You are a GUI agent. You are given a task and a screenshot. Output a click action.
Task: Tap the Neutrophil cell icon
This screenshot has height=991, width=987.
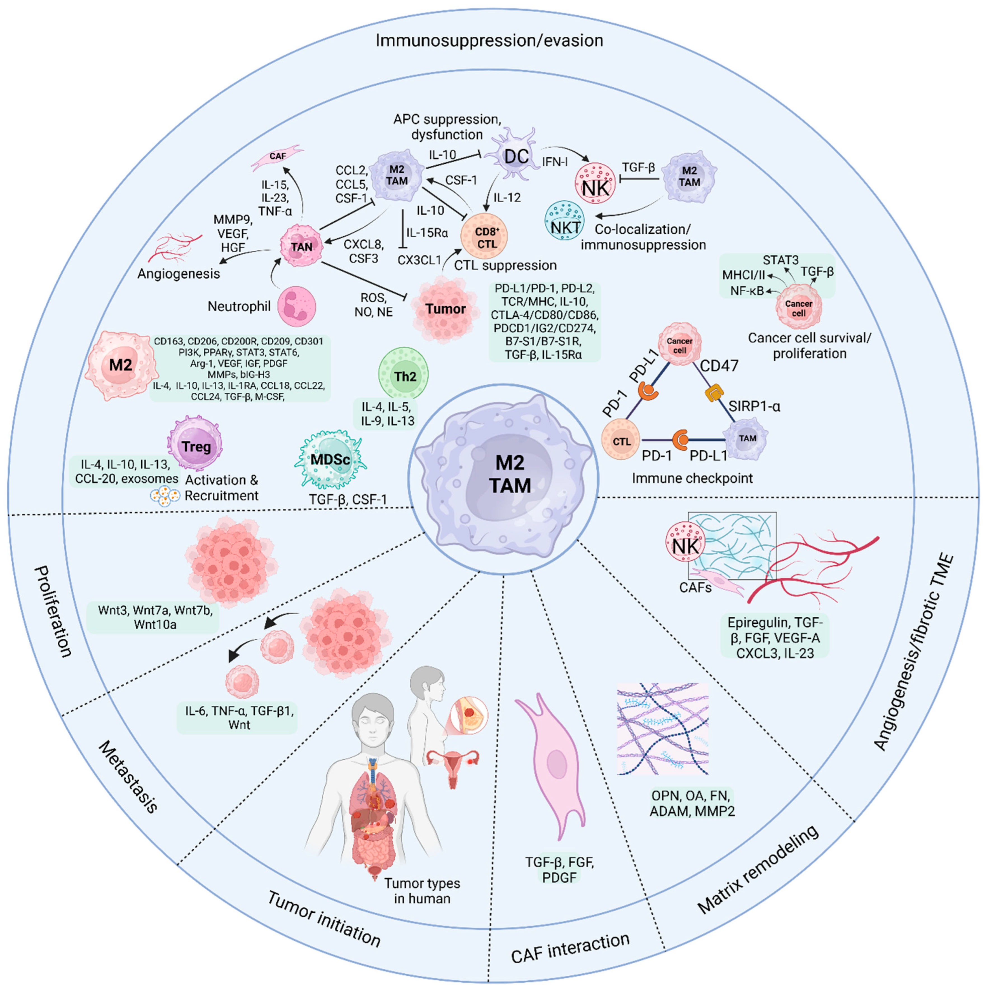point(297,306)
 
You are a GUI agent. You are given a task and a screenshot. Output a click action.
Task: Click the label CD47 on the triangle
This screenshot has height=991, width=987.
point(719,366)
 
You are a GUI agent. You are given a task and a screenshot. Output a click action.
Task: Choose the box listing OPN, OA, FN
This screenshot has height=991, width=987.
point(692,803)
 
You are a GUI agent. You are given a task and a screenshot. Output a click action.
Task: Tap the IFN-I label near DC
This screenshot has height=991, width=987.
point(555,162)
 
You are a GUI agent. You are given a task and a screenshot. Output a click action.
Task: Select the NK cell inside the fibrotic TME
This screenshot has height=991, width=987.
point(685,546)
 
